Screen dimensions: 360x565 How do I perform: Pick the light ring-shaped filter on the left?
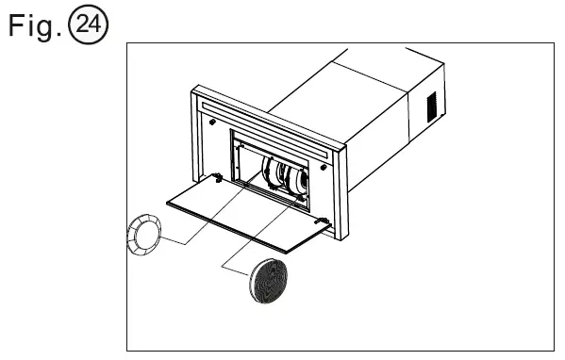coord(144,233)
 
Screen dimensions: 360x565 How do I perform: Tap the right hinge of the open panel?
coord(324,221)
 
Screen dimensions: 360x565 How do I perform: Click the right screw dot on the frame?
coord(324,166)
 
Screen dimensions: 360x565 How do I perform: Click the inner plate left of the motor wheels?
coord(247,165)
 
